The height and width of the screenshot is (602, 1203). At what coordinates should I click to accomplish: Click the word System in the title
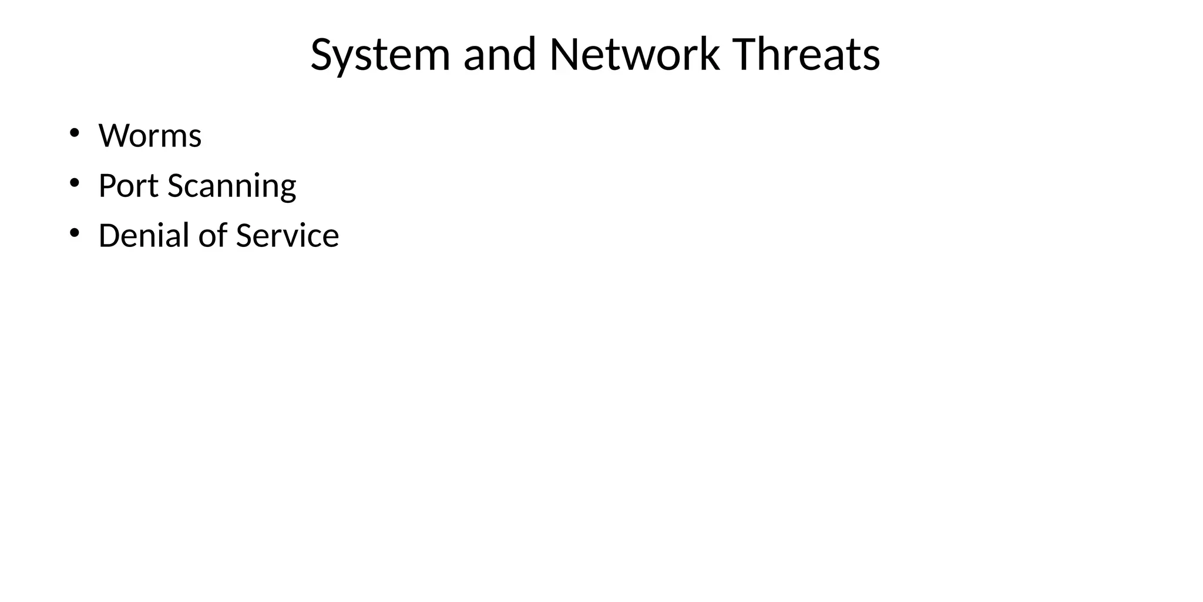(x=379, y=55)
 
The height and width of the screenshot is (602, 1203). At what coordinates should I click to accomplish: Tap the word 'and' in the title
(x=499, y=55)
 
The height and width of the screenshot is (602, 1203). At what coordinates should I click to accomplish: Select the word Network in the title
(x=634, y=55)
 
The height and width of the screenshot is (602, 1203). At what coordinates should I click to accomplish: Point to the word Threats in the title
(x=807, y=55)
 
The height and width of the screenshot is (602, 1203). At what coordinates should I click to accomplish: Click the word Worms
(x=150, y=136)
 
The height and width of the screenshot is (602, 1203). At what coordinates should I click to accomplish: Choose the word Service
(x=287, y=236)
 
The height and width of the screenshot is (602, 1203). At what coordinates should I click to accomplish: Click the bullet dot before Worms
(x=74, y=133)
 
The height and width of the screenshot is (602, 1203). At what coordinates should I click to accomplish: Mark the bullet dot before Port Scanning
(x=74, y=183)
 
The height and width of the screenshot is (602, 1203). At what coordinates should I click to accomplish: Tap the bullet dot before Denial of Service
(x=74, y=233)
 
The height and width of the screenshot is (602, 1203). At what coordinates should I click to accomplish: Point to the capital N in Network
(x=564, y=55)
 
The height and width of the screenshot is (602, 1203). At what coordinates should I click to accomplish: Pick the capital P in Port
(x=106, y=186)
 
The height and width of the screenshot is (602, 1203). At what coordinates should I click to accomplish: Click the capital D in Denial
(x=109, y=236)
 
